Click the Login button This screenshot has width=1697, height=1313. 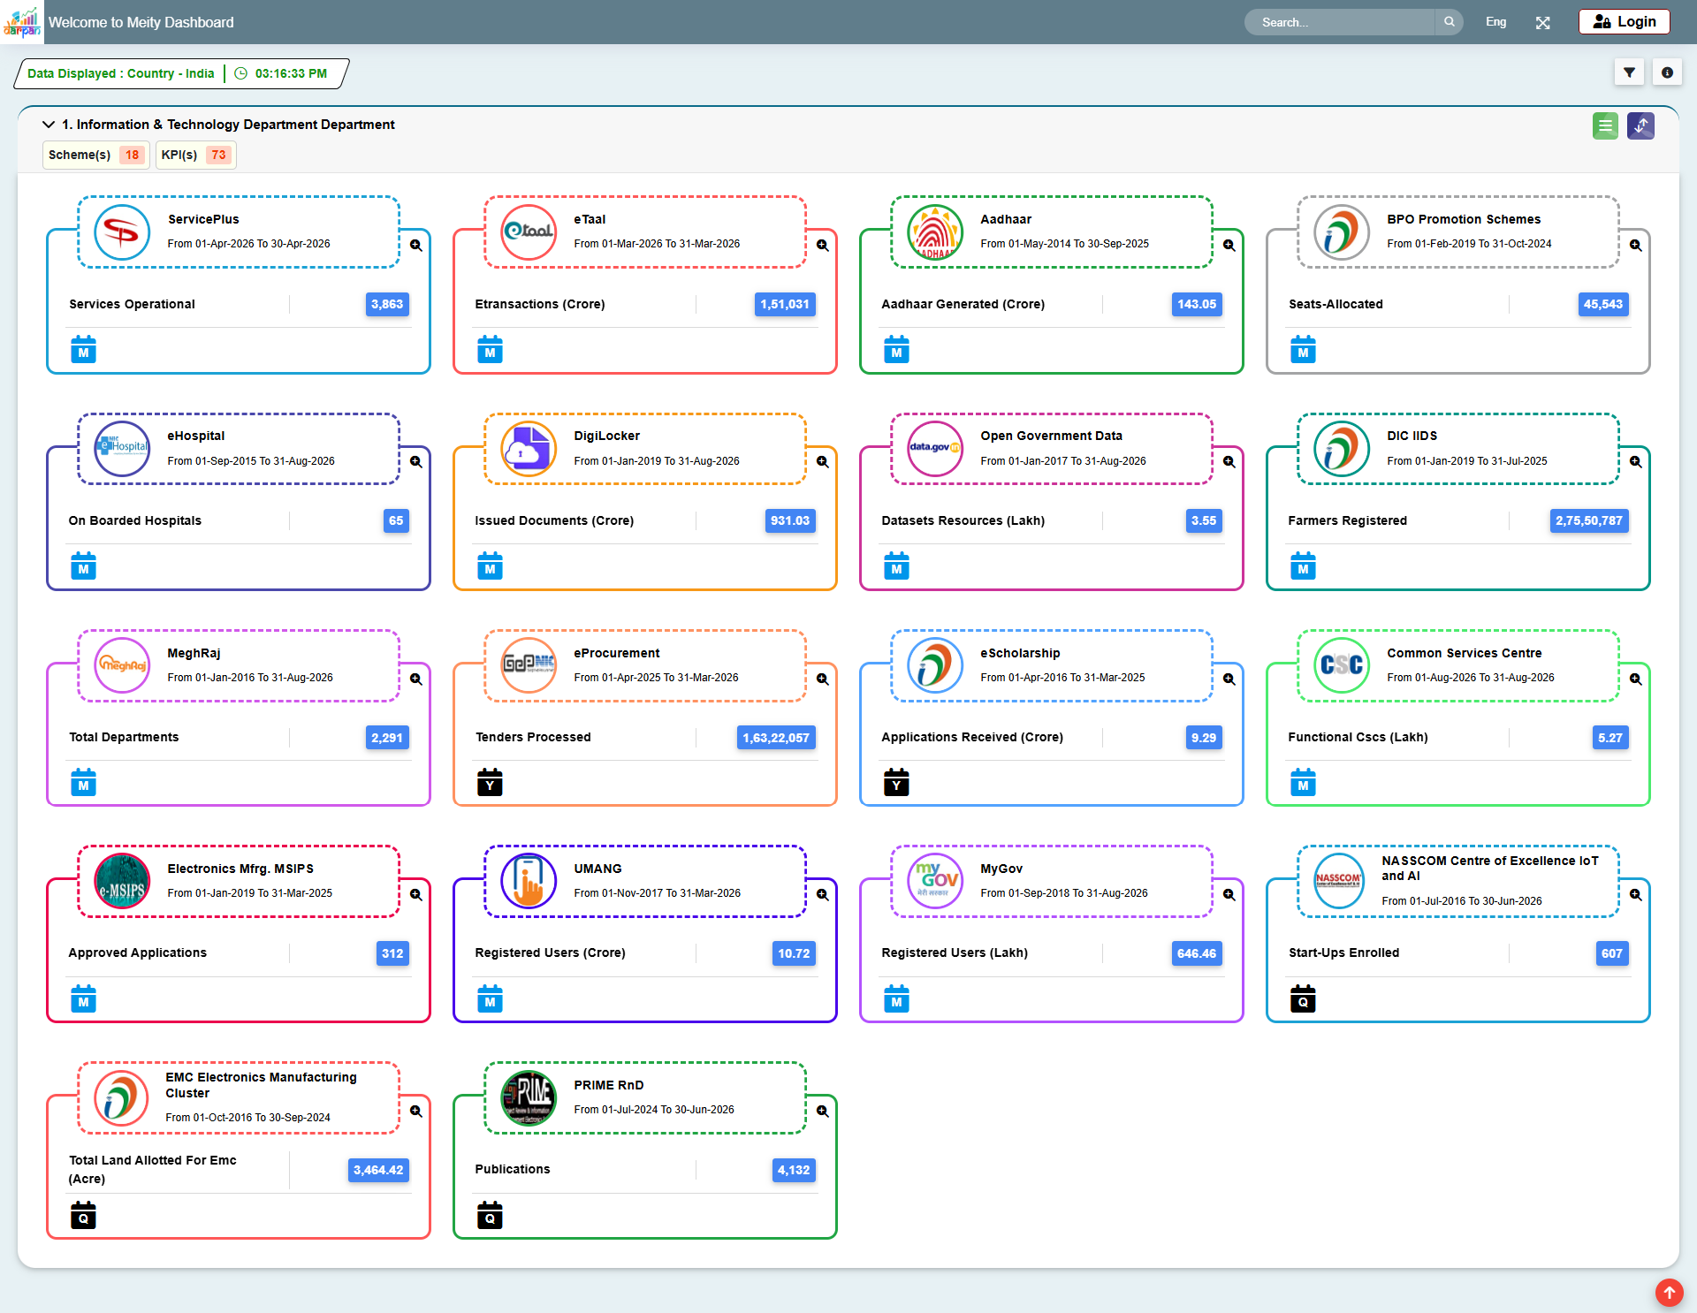click(1624, 22)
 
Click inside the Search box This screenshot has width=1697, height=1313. click(1339, 22)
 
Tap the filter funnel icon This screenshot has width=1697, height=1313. click(1629, 72)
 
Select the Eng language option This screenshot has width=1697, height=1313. click(1495, 22)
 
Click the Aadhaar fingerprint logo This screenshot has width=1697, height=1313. click(935, 232)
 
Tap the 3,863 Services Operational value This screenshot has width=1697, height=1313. click(387, 304)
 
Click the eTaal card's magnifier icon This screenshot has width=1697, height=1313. click(822, 246)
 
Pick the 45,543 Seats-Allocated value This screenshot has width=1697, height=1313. click(1603, 304)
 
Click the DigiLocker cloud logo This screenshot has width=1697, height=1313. click(529, 449)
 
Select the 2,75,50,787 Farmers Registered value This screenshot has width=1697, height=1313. click(1589, 520)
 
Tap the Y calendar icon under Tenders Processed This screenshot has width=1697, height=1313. click(490, 782)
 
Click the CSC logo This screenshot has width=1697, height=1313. click(1342, 665)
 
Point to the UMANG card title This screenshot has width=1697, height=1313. click(597, 869)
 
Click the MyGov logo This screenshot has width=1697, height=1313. click(935, 881)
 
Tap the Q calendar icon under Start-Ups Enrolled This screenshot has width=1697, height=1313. click(1303, 998)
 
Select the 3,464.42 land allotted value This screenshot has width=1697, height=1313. click(378, 1170)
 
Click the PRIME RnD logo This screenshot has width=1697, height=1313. click(529, 1097)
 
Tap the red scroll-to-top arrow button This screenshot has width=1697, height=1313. click(1669, 1293)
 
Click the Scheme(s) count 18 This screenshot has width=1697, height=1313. click(132, 155)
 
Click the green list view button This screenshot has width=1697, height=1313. click(1605, 125)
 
